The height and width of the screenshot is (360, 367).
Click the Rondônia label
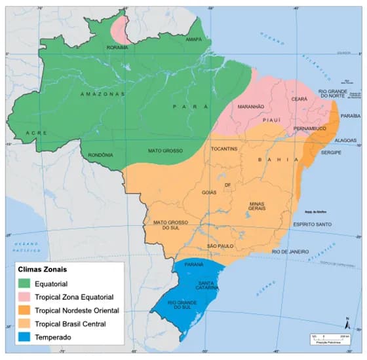tap(102, 155)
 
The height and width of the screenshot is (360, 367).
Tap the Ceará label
tap(299, 99)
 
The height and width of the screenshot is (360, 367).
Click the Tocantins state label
tap(224, 149)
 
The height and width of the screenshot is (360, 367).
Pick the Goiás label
tap(209, 192)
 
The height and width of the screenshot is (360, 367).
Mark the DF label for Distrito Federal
tap(228, 185)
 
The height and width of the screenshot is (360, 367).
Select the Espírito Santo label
tap(314, 224)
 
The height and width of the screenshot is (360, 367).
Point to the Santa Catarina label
tap(208, 286)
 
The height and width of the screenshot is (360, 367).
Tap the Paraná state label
tap(195, 264)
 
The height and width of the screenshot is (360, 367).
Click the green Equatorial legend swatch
tap(25, 283)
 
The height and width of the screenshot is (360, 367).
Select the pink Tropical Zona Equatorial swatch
tap(25, 297)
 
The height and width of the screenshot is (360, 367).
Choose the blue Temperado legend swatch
tap(25, 336)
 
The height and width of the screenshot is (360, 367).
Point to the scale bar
tap(321, 338)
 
